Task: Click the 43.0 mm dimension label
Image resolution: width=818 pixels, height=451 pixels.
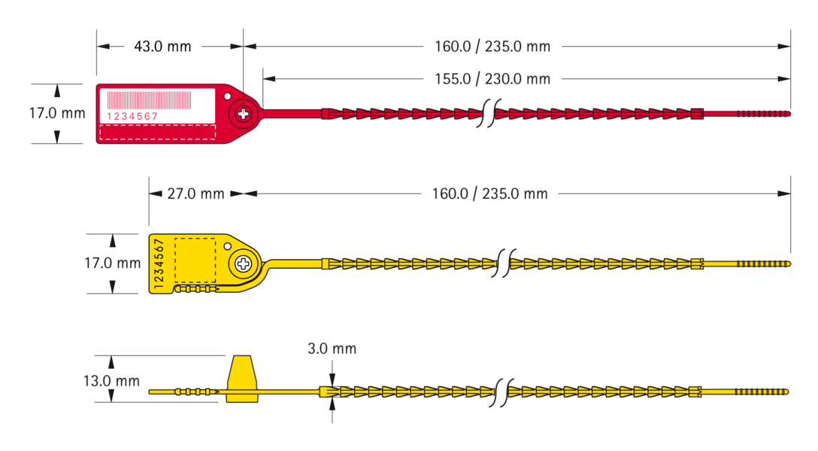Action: pyautogui.click(x=162, y=47)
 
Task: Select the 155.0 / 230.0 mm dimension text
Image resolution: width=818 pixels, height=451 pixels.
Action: pyautogui.click(x=492, y=79)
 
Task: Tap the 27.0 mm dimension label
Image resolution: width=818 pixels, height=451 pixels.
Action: pyautogui.click(x=195, y=194)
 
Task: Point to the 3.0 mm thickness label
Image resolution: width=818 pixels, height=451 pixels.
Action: pyautogui.click(x=332, y=349)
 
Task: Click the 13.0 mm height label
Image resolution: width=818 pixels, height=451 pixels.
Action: pyautogui.click(x=111, y=381)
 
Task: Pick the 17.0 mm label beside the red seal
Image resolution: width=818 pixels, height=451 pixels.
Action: pyautogui.click(x=57, y=113)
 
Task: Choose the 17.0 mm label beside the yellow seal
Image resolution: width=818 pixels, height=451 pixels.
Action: pyautogui.click(x=113, y=263)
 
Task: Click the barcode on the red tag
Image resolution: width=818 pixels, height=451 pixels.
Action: pyautogui.click(x=149, y=100)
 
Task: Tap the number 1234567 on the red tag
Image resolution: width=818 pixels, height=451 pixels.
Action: pyautogui.click(x=132, y=117)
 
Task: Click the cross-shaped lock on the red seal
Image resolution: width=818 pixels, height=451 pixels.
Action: pyautogui.click(x=243, y=114)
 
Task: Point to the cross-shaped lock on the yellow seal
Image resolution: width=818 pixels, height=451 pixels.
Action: pyautogui.click(x=244, y=264)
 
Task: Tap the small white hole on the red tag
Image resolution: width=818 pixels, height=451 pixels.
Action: pyautogui.click(x=228, y=96)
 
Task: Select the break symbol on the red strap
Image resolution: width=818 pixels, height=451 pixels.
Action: pyautogui.click(x=490, y=114)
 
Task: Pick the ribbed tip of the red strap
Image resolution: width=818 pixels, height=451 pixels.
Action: pyautogui.click(x=764, y=114)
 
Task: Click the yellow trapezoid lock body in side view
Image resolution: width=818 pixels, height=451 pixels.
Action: pyautogui.click(x=242, y=379)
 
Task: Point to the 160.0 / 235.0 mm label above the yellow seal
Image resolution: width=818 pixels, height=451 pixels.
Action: pyautogui.click(x=490, y=194)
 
